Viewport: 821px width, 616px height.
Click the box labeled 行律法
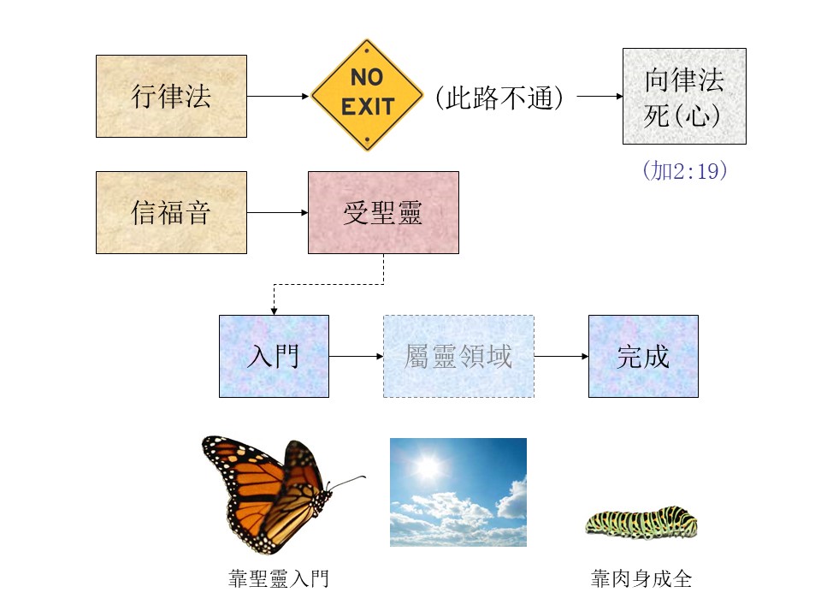(x=171, y=97)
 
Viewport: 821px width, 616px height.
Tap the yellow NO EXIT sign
(x=367, y=95)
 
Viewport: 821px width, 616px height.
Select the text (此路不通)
(x=499, y=98)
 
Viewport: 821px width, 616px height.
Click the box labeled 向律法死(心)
(x=684, y=97)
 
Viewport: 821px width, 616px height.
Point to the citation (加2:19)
(x=685, y=171)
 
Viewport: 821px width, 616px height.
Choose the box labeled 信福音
(x=171, y=213)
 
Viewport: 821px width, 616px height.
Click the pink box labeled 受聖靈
(x=383, y=213)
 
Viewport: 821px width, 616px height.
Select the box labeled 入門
(x=274, y=356)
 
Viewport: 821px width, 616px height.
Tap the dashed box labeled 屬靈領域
(x=458, y=356)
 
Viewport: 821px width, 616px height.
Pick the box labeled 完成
(x=643, y=356)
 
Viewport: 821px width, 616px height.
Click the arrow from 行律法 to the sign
(x=278, y=97)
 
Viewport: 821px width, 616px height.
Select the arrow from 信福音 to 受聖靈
(x=277, y=213)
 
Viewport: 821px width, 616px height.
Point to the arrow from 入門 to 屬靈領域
(x=356, y=356)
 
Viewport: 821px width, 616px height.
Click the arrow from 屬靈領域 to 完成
(x=561, y=356)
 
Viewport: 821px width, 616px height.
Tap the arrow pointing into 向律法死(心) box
(x=600, y=97)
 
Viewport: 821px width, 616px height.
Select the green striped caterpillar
(x=641, y=522)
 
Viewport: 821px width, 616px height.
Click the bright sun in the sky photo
(x=428, y=465)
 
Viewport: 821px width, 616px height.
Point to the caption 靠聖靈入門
(x=279, y=579)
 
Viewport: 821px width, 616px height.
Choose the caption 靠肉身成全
(x=641, y=579)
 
